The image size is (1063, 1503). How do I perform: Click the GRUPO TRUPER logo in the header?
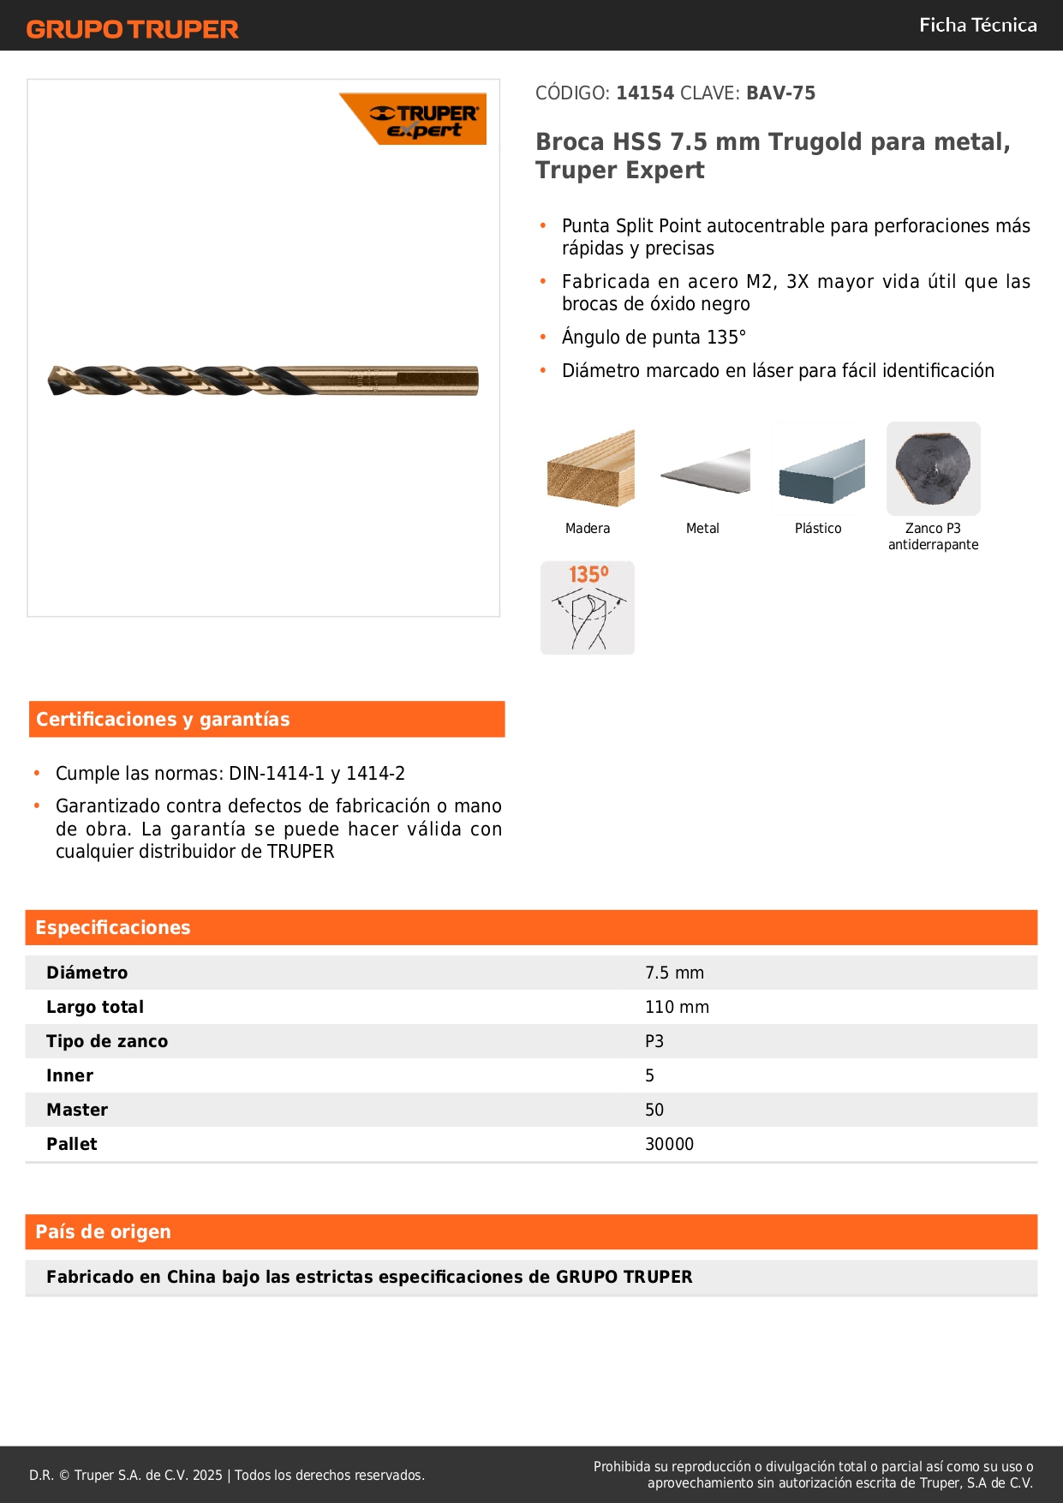coord(132,29)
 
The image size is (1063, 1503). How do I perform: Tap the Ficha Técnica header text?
coord(977,25)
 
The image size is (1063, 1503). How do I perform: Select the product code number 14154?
coord(645,93)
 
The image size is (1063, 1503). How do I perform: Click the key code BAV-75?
coord(780,93)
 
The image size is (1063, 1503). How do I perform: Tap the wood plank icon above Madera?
coord(589,469)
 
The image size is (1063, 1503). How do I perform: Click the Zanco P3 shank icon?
coord(933,468)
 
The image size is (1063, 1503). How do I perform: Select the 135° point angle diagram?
coord(588,608)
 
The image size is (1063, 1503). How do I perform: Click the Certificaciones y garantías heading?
coord(163,719)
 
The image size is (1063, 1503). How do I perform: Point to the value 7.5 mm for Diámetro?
coord(674,973)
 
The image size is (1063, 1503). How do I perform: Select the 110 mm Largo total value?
coord(677,1007)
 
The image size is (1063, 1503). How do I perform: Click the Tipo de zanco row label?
coord(107,1041)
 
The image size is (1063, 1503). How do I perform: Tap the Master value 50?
coord(654,1110)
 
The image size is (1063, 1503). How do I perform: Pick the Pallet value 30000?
coord(669,1144)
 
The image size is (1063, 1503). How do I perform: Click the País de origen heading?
coord(103,1231)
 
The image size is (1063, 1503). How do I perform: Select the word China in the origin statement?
coord(191,1277)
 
